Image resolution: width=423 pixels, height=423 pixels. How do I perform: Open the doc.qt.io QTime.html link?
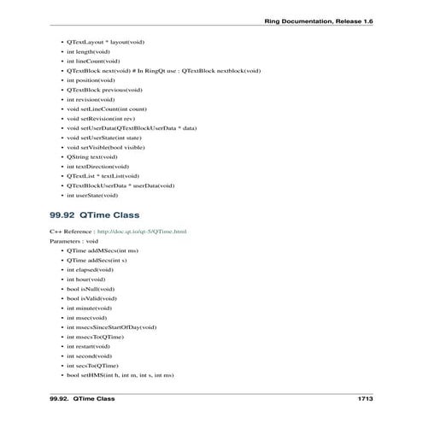click(142, 232)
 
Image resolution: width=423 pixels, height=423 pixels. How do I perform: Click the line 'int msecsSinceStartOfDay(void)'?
click(111, 327)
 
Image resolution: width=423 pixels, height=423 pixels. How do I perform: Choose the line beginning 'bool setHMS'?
click(120, 375)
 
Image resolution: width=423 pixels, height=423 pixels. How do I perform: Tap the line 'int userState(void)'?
click(92, 195)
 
